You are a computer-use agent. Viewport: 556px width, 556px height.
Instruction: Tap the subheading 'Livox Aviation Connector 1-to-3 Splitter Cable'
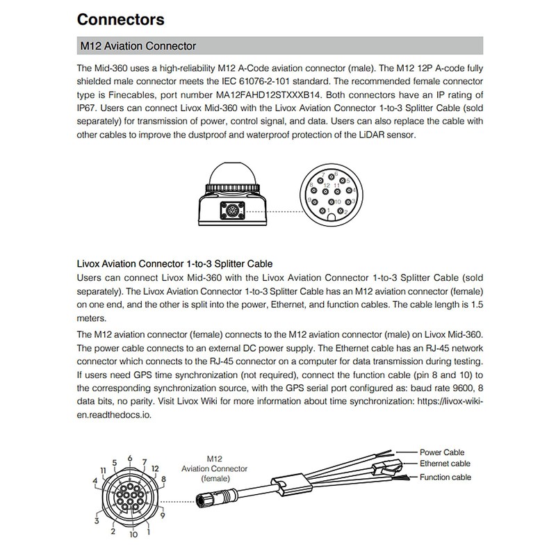(x=174, y=263)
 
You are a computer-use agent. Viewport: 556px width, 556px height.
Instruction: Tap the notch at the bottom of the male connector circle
(x=332, y=218)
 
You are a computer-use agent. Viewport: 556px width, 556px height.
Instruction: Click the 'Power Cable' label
(x=443, y=452)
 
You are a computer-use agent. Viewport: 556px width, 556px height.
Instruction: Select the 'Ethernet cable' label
(x=445, y=464)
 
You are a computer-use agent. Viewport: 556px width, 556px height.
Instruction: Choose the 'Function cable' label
(x=445, y=477)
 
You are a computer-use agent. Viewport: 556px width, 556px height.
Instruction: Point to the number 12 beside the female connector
(x=155, y=469)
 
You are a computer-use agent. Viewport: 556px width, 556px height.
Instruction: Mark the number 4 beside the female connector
(x=95, y=480)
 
